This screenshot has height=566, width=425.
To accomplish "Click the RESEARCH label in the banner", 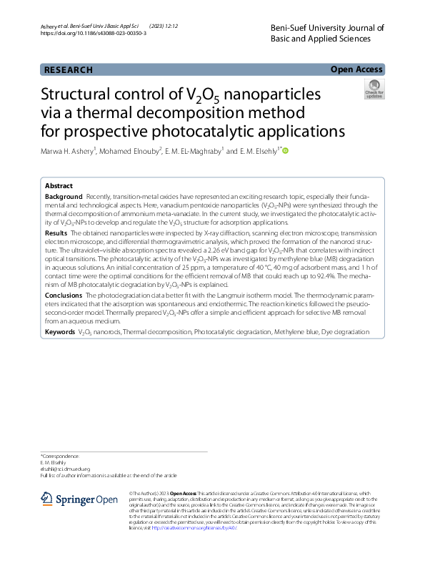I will point(69,70).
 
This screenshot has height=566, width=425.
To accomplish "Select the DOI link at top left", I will point(94,34).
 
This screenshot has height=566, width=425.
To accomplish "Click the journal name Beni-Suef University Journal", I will point(328,28).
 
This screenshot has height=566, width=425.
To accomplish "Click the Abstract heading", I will point(59,185).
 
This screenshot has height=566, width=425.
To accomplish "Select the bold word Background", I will point(64,196).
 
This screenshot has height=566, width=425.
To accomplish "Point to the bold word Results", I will point(56,233).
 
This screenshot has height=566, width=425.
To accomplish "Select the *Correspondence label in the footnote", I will point(60,456).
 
